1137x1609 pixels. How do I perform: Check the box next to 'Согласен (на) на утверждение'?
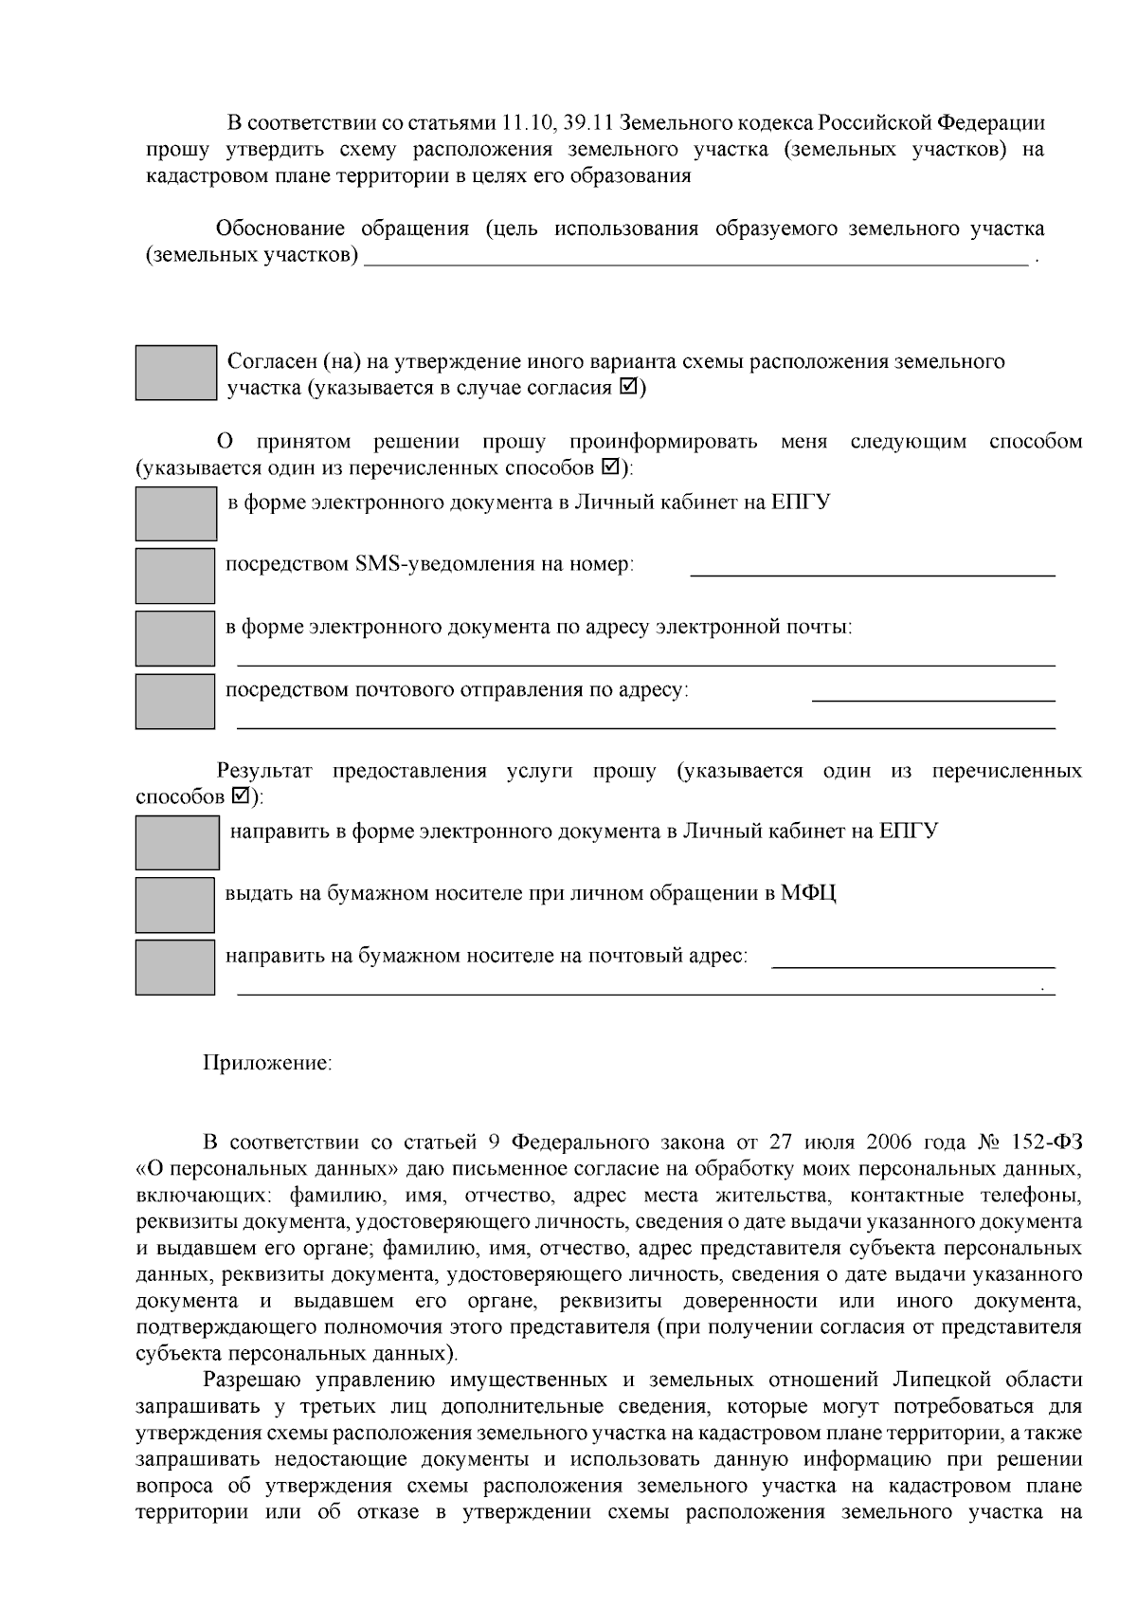coord(175,373)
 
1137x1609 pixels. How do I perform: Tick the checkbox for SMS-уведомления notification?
coord(175,576)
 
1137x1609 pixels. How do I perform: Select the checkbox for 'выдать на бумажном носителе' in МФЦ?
coord(175,905)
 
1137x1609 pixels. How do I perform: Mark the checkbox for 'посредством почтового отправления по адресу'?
coord(175,701)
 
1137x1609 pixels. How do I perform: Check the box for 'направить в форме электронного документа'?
coord(177,843)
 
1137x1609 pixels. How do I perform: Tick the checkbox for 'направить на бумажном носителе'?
coord(175,967)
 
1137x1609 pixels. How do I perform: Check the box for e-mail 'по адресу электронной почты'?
coord(175,638)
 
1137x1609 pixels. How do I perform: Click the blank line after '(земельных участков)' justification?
coord(696,263)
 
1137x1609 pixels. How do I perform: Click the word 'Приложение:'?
coord(267,1063)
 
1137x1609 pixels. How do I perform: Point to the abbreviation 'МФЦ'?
coord(808,893)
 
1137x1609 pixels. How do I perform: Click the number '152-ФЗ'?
coord(1046,1141)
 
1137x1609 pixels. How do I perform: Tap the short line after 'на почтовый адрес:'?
coord(913,964)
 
